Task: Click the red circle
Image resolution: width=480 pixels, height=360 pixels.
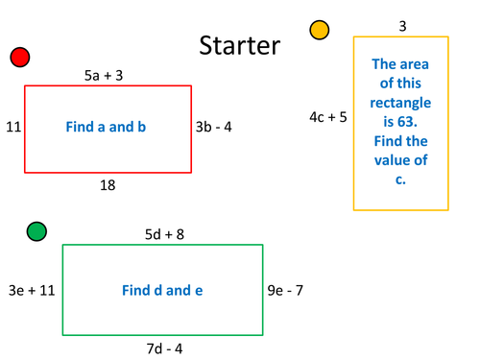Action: point(20,58)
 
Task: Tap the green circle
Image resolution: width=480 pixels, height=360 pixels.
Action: point(36,230)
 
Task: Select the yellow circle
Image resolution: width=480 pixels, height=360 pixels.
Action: point(320,31)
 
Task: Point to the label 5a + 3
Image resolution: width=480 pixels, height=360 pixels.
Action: point(104,74)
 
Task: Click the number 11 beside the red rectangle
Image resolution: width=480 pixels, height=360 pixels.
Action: point(13,127)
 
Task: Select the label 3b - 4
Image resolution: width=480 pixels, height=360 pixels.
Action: point(213,127)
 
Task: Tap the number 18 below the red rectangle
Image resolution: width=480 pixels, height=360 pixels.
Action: point(108,184)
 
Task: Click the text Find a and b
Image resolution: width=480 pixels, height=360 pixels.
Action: point(106,127)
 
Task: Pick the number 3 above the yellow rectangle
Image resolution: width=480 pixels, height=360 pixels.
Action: point(402,26)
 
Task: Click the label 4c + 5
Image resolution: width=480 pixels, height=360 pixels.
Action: point(328,117)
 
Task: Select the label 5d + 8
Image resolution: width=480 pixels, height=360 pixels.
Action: point(164,233)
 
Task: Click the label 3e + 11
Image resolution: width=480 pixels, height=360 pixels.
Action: point(31,289)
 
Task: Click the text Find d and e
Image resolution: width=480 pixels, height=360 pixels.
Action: point(162,290)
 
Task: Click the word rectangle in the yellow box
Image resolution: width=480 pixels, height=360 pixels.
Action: point(400,103)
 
